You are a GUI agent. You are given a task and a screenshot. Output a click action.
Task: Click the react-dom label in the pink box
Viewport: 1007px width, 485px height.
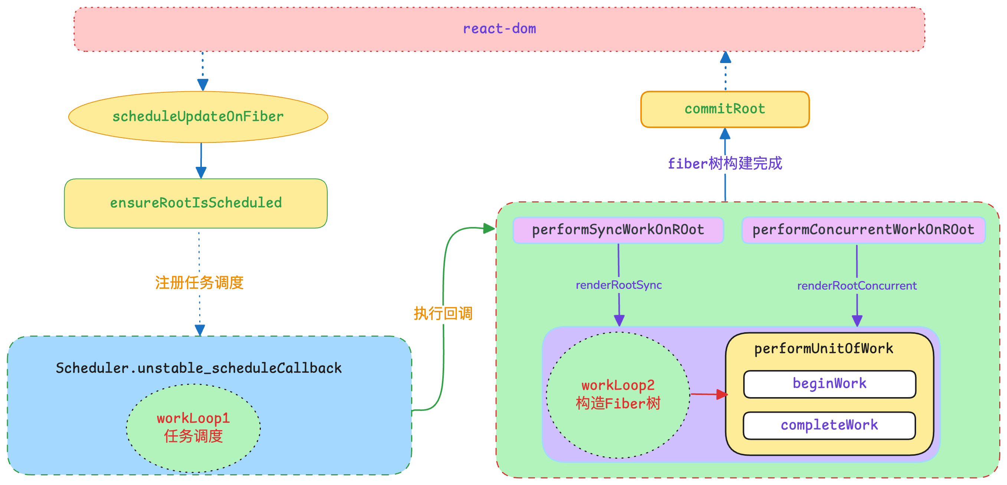coord(499,29)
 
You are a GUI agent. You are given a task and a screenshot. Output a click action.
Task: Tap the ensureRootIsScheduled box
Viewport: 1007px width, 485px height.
coord(196,203)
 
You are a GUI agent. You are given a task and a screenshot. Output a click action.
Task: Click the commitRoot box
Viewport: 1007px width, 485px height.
coord(725,109)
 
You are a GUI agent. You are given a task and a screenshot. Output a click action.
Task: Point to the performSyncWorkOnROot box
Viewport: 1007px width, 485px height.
coord(618,230)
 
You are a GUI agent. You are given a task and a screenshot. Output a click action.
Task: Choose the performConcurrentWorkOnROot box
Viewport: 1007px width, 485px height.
coord(863,230)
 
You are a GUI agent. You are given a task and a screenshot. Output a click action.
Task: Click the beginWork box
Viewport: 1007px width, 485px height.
coord(830,384)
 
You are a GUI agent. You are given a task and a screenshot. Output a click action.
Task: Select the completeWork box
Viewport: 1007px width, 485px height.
coord(829,426)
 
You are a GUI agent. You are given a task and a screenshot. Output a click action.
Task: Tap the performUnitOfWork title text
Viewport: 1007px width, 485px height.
coord(824,349)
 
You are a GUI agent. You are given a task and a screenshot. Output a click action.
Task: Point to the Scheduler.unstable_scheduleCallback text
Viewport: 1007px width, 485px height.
coord(199,368)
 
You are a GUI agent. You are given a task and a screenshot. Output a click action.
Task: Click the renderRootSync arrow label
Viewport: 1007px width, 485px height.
coord(619,285)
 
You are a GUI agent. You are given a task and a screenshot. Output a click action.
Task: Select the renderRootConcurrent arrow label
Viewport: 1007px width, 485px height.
coord(857,286)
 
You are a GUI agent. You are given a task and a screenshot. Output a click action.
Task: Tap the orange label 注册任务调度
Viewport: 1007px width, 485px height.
coord(199,283)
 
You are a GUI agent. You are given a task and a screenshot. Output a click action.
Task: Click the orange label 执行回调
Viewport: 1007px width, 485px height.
coord(443,313)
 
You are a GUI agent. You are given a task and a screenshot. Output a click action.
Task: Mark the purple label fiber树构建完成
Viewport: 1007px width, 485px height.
coord(725,164)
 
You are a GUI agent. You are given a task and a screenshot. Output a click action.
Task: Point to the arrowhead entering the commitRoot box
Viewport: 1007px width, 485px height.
coord(725,133)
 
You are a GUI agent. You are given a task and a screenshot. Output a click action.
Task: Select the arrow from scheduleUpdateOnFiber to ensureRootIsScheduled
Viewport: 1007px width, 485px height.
coord(201,161)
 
